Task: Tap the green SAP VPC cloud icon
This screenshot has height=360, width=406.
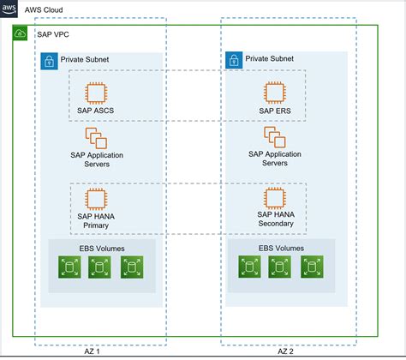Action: click(21, 33)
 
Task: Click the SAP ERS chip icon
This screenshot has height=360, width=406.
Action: click(275, 92)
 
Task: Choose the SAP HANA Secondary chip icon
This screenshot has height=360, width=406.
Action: click(275, 198)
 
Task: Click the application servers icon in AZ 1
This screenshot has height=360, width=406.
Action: click(93, 138)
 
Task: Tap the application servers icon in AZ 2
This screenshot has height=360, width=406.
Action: click(275, 138)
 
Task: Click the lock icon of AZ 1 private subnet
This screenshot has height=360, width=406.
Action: click(49, 61)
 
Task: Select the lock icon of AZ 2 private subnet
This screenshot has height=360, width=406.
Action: click(233, 61)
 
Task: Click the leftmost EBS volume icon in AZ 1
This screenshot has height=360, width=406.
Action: click(67, 268)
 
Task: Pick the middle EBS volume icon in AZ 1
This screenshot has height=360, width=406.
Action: click(99, 268)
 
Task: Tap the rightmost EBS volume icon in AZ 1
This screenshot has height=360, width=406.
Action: click(130, 268)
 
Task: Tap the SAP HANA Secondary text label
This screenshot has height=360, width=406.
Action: click(275, 219)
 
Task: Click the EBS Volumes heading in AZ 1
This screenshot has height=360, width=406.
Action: click(98, 249)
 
